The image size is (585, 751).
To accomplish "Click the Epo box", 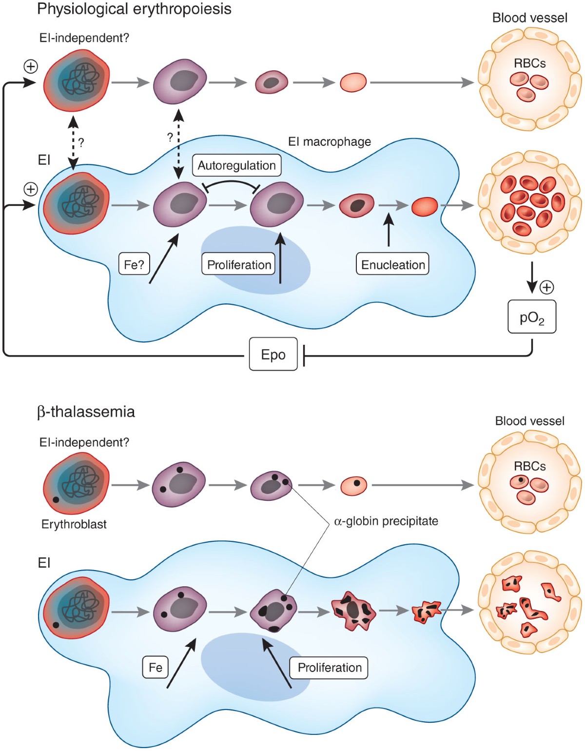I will pyautogui.click(x=273, y=354).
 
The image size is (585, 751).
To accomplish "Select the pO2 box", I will pyautogui.click(x=531, y=317).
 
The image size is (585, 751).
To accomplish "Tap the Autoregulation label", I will pyautogui.click(x=236, y=165).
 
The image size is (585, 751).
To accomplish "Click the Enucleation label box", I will pyautogui.click(x=392, y=264).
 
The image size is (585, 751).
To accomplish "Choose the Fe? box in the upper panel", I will pyautogui.click(x=134, y=264).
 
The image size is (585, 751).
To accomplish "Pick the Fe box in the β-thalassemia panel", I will pyautogui.click(x=155, y=667).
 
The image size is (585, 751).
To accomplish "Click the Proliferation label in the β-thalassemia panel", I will pyautogui.click(x=329, y=667).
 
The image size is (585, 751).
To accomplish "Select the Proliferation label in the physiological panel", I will pyautogui.click(x=238, y=264).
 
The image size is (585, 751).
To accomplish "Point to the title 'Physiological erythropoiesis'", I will pyautogui.click(x=134, y=9).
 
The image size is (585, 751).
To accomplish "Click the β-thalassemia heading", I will pyautogui.click(x=86, y=412).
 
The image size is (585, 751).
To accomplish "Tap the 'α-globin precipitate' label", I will pyautogui.click(x=386, y=521).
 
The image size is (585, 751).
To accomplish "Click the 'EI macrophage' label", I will pyautogui.click(x=330, y=141).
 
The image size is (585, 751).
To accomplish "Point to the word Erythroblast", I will pyautogui.click(x=74, y=524).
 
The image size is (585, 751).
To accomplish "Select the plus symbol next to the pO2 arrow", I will pyautogui.click(x=547, y=287).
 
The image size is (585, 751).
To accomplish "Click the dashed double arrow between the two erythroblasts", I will pyautogui.click(x=73, y=142).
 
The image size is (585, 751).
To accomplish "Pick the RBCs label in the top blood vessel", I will pyautogui.click(x=529, y=63).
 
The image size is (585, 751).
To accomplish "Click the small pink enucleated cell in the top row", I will pyautogui.click(x=353, y=82).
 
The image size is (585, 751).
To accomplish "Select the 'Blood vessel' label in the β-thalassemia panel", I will pyautogui.click(x=529, y=421).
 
